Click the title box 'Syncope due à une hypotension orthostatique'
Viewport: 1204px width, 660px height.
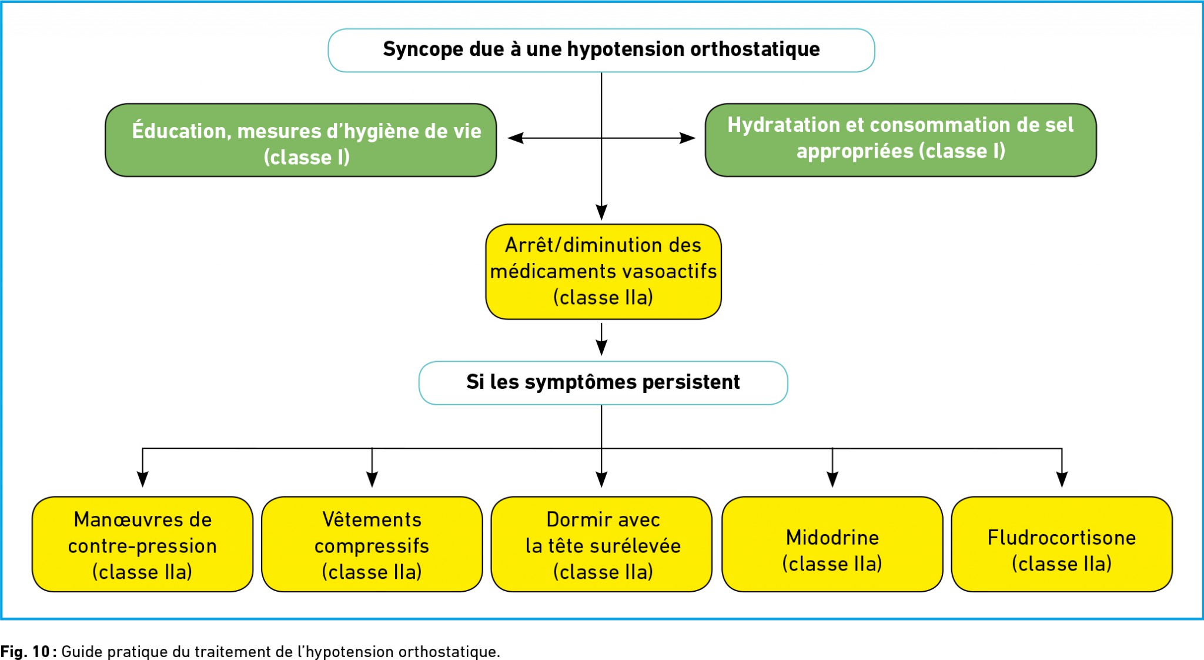tap(601, 51)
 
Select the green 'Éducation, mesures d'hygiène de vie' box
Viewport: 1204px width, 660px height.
tap(301, 140)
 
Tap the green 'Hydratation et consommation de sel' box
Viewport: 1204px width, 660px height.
tap(901, 140)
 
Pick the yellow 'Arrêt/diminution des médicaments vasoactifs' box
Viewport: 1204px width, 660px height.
tap(603, 272)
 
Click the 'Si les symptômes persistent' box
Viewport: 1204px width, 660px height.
tap(603, 383)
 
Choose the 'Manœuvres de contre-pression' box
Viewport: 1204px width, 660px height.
tap(143, 544)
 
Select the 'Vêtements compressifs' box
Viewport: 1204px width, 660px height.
tap(372, 544)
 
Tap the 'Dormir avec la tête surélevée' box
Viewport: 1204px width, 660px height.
tap(601, 544)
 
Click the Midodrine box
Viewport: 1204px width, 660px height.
tap(832, 544)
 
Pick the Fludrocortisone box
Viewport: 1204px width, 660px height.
tap(1062, 544)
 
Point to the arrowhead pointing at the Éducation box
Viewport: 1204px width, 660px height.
tap(516, 138)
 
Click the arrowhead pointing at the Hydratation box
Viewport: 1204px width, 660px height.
tap(687, 138)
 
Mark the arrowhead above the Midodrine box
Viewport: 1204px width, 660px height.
tap(832, 479)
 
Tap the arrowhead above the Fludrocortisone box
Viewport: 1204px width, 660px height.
tap(1062, 479)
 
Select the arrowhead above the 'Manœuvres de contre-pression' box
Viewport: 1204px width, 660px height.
tap(143, 479)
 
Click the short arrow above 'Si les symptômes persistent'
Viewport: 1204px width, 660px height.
tap(601, 339)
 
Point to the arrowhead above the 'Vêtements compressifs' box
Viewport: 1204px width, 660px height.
tap(372, 479)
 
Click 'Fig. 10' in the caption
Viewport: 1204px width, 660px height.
tap(25, 652)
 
